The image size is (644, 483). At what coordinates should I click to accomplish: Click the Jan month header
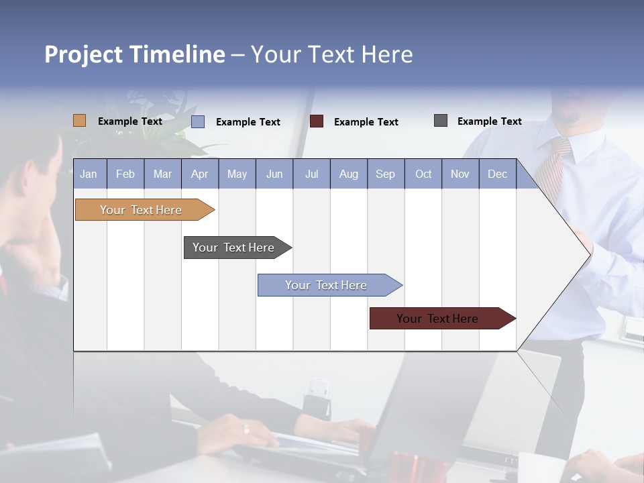89,174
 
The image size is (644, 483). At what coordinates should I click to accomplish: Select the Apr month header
200,174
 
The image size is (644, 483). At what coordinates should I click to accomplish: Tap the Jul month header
311,174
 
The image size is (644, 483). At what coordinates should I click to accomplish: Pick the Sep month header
386,174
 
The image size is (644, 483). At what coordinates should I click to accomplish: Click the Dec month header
497,174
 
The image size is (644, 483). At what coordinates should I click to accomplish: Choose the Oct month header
423,174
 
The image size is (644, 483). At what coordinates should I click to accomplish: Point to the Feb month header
125,174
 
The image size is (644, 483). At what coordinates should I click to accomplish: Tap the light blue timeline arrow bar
327,285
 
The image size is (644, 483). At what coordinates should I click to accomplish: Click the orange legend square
79,121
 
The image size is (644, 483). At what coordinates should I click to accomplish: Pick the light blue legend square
198,121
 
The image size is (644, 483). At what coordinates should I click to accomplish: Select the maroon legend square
317,121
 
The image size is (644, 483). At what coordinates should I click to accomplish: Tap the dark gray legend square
441,121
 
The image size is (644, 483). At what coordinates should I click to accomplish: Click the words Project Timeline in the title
134,54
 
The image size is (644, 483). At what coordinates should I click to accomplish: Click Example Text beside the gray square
489,121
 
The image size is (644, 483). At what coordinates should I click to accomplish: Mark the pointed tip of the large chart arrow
590,254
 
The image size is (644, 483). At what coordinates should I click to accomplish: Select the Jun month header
274,174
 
